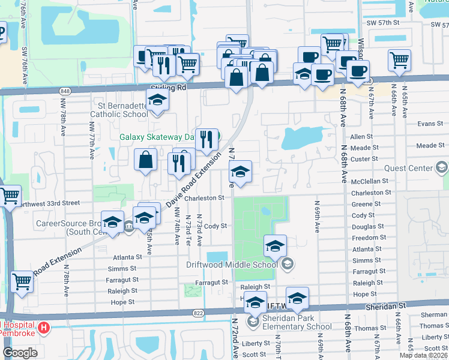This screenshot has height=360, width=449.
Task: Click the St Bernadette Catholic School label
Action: click(119, 110)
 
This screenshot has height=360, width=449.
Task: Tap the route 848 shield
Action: click(65, 91)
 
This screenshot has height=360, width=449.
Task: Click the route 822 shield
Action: click(199, 313)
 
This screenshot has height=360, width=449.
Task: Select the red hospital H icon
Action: click(43, 328)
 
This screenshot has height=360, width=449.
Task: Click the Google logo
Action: click(20, 353)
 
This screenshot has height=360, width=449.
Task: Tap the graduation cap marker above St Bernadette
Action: click(157, 100)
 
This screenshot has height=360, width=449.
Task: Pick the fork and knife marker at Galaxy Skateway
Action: click(206, 140)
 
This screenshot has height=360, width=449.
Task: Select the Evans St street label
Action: click(430, 124)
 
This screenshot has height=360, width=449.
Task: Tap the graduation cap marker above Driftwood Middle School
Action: click(275, 245)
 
